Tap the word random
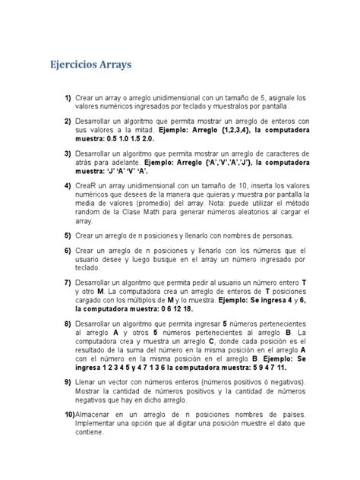point(87,212)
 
